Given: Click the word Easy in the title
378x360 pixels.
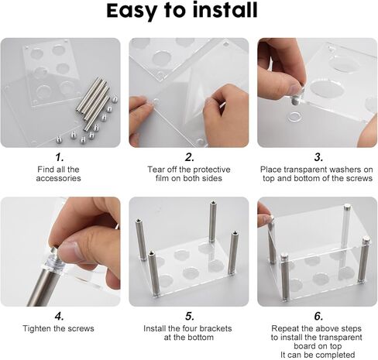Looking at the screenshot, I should click(135, 12).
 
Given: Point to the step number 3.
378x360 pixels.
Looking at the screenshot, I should click(318, 157).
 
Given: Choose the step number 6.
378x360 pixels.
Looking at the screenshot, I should click(318, 316).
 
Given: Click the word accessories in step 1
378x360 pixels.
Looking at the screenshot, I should click(58, 179).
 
